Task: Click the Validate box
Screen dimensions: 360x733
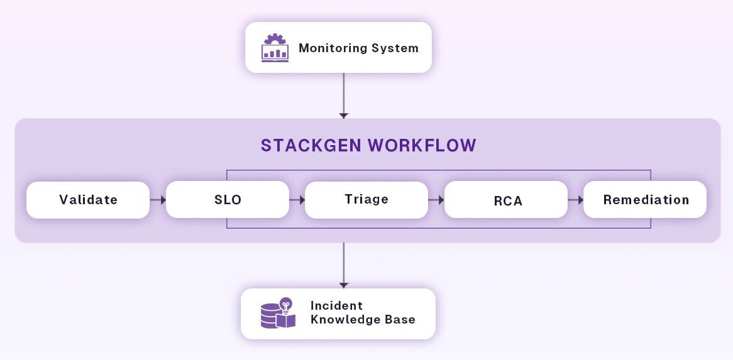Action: (x=88, y=200)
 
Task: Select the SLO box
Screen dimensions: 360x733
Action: (x=228, y=200)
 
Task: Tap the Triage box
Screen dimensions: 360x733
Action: (x=366, y=200)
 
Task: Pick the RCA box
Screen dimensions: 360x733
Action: (x=506, y=200)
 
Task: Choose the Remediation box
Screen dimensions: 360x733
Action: (x=646, y=200)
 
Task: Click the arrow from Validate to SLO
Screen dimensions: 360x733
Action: (x=158, y=200)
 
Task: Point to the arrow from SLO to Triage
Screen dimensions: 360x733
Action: (x=297, y=200)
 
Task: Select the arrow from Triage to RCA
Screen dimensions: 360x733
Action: (x=436, y=200)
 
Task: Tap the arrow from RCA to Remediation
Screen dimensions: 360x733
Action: (x=576, y=200)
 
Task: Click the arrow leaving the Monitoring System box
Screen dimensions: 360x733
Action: (x=343, y=95)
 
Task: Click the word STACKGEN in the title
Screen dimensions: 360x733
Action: (x=312, y=145)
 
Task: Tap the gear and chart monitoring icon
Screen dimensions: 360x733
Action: (x=275, y=48)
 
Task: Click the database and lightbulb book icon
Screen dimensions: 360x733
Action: (x=277, y=313)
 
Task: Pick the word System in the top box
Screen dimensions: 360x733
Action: (x=397, y=48)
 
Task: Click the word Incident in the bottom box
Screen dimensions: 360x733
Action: (x=336, y=305)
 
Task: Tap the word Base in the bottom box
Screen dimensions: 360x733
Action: (x=401, y=319)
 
